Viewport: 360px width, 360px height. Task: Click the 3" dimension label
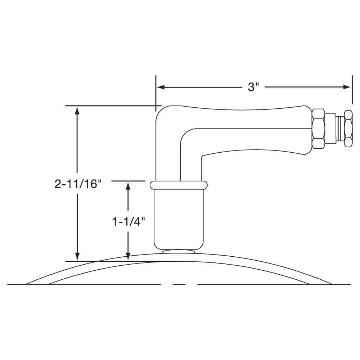(253, 87)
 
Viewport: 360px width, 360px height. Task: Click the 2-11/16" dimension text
(78, 184)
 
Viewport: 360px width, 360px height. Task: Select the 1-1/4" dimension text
(129, 222)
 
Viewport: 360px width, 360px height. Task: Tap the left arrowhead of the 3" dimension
(161, 87)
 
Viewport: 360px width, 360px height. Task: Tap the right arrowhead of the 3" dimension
(347, 87)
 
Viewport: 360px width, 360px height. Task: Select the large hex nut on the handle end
(319, 129)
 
